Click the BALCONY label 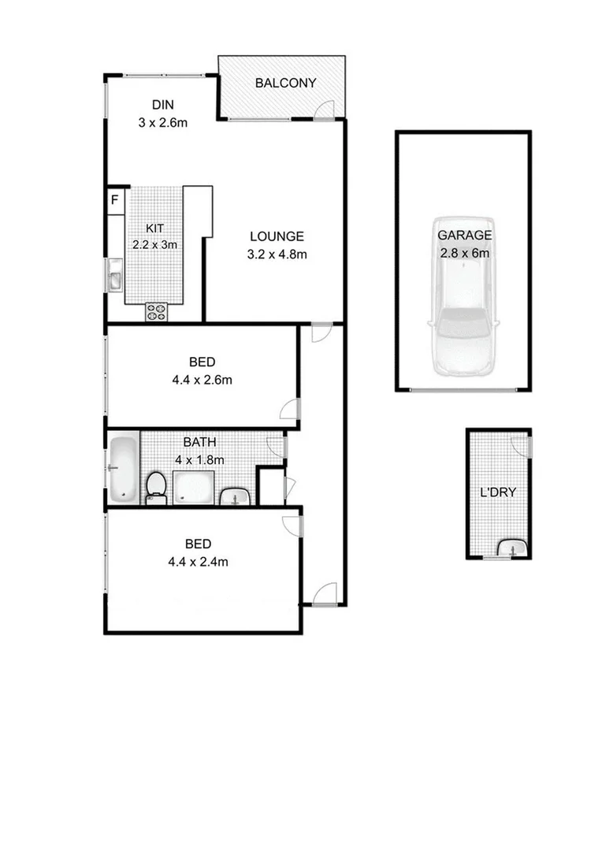(x=285, y=83)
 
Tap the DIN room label (x=162, y=105)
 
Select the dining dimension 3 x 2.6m (x=162, y=122)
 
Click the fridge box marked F (x=115, y=199)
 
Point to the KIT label (x=154, y=229)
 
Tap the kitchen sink (x=115, y=278)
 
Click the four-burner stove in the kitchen (x=156, y=312)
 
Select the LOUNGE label (x=277, y=236)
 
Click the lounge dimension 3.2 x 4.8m (x=277, y=254)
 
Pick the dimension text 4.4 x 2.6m (x=202, y=380)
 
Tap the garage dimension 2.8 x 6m (x=464, y=253)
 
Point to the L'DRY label (x=498, y=494)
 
